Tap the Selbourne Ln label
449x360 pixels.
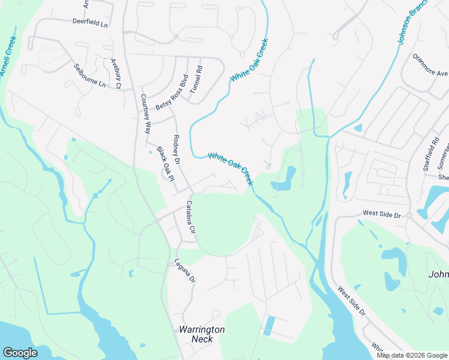pyautogui.click(x=89, y=76)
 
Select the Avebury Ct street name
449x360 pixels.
pyautogui.click(x=116, y=73)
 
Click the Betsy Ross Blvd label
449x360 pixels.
pyautogui.click(x=172, y=92)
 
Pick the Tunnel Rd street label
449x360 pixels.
pyautogui.click(x=196, y=78)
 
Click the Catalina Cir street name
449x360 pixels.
pyautogui.click(x=191, y=217)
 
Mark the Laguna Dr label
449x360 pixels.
pyautogui.click(x=185, y=270)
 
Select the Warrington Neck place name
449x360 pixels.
pyautogui.click(x=202, y=334)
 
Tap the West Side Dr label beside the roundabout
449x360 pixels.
pyautogui.click(x=381, y=214)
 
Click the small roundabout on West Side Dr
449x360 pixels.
pyautogui.click(x=408, y=215)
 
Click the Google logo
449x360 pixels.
pyautogui.click(x=20, y=353)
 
